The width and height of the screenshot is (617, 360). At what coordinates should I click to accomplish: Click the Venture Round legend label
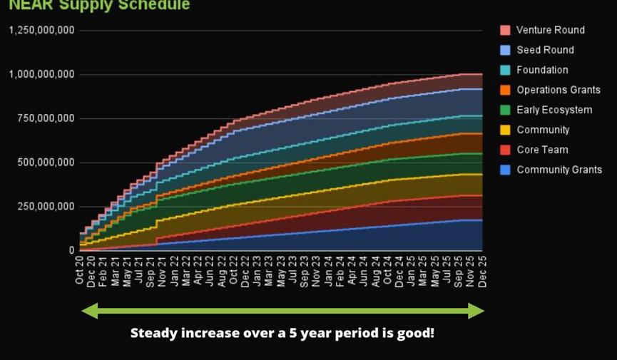pos(550,30)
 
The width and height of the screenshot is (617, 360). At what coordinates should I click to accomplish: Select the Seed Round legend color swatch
pos(505,50)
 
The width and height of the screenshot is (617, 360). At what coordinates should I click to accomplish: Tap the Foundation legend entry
pos(542,70)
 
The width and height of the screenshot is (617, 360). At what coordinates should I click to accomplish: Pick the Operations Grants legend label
pos(559,90)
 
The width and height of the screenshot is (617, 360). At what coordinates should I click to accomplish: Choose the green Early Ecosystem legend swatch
pos(505,110)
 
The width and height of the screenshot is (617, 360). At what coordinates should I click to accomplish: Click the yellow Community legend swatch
pos(505,130)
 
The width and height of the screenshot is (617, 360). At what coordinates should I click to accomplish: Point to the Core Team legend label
pos(543,150)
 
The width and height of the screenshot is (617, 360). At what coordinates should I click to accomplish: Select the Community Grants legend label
pos(559,170)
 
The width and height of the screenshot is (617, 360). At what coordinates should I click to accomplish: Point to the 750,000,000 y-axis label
pos(46,118)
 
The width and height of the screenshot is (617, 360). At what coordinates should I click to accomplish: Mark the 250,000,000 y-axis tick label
pos(46,206)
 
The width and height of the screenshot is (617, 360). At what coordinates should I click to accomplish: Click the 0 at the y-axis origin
pos(71,250)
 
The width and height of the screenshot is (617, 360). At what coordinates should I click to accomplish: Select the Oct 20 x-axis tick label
pos(80,271)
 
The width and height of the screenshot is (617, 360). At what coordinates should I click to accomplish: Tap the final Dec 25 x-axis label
pos(483,271)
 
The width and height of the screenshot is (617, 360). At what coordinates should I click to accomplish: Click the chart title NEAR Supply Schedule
pos(99,6)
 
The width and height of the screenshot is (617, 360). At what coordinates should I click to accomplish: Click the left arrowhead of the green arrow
pos(89,311)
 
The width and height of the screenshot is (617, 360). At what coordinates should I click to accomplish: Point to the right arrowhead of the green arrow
pos(476,311)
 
